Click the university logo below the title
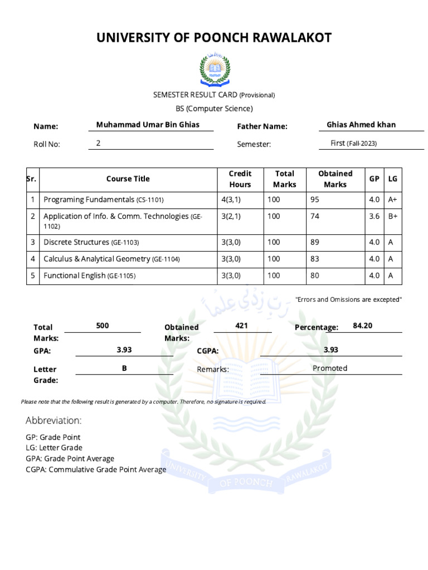(214, 69)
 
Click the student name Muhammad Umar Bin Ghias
(148, 125)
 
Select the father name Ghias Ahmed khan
(361, 125)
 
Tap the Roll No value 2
(99, 143)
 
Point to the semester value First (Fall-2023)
(353, 143)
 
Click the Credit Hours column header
(240, 179)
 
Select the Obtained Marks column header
(335, 179)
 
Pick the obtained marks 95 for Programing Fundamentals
(314, 200)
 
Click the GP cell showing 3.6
(374, 217)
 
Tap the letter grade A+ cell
(393, 200)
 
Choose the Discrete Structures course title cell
(91, 243)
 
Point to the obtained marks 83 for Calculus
(314, 259)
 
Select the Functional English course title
(90, 276)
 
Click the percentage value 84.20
(362, 326)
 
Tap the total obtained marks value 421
(241, 326)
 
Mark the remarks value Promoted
(330, 368)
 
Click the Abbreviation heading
(53, 420)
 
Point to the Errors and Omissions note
(348, 300)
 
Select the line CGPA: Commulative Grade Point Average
(96, 470)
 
